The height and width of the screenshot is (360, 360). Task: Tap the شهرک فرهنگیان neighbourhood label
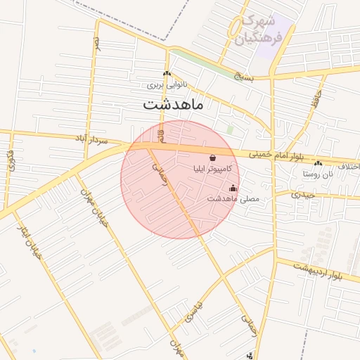pos(261,30)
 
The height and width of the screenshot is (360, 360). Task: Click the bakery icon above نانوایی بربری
pos(167,74)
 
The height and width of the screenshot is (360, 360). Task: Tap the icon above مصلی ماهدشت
pos(233,188)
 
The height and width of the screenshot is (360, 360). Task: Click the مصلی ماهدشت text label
pos(233,199)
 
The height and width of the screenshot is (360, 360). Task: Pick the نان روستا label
pos(316,172)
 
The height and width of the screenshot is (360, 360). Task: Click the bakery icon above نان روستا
pos(326,162)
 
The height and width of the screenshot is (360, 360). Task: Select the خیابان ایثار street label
pos(29,239)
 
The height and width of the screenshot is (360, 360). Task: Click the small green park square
pos(230,129)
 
